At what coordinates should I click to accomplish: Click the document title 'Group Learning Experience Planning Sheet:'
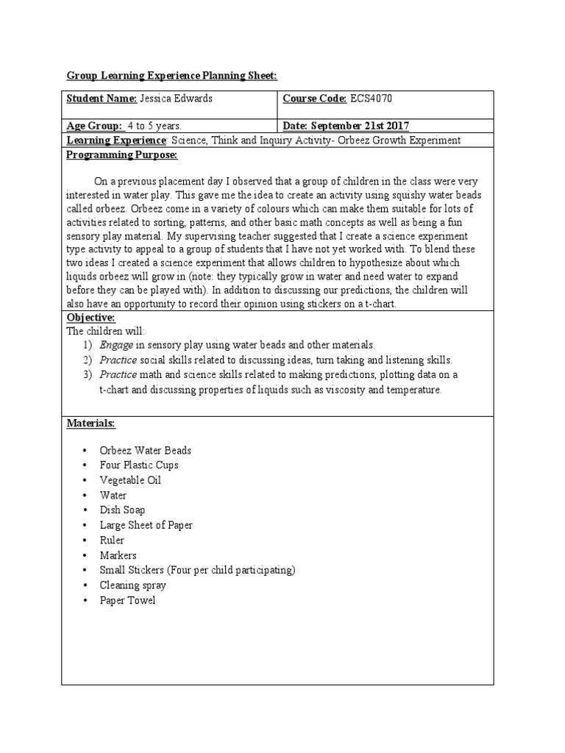click(172, 75)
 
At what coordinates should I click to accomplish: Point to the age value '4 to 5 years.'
click(154, 125)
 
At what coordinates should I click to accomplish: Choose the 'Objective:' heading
click(90, 316)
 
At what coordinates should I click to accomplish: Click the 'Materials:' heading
click(91, 424)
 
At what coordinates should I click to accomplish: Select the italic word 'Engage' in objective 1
click(116, 344)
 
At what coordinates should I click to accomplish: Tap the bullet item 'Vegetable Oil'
click(130, 480)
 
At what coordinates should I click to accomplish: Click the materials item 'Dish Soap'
click(122, 510)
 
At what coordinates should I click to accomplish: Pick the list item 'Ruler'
click(112, 540)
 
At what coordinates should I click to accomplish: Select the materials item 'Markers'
click(118, 555)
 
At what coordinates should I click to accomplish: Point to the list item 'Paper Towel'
click(127, 600)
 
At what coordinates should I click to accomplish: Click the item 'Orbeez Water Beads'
click(145, 450)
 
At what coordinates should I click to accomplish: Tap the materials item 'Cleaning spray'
click(132, 585)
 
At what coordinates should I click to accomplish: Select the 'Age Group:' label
click(95, 125)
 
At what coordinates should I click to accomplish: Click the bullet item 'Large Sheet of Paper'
click(146, 525)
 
